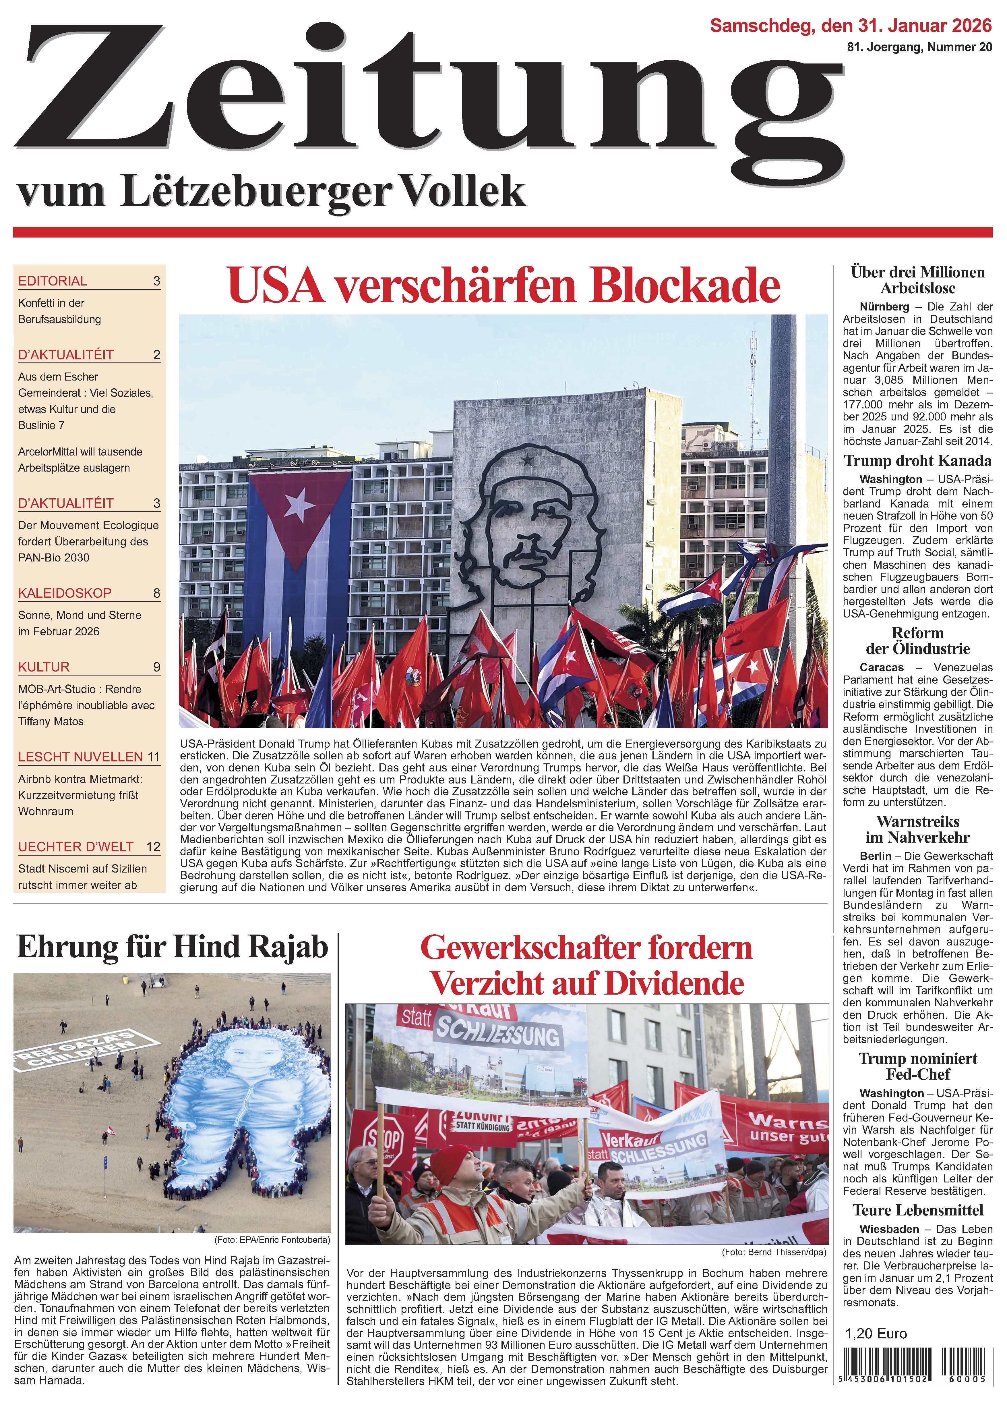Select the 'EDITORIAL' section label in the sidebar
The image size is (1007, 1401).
(x=53, y=281)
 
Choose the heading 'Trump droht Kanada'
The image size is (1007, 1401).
(x=917, y=461)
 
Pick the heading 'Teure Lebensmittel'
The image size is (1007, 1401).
(x=917, y=1210)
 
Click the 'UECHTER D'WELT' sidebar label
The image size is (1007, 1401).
(x=76, y=846)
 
